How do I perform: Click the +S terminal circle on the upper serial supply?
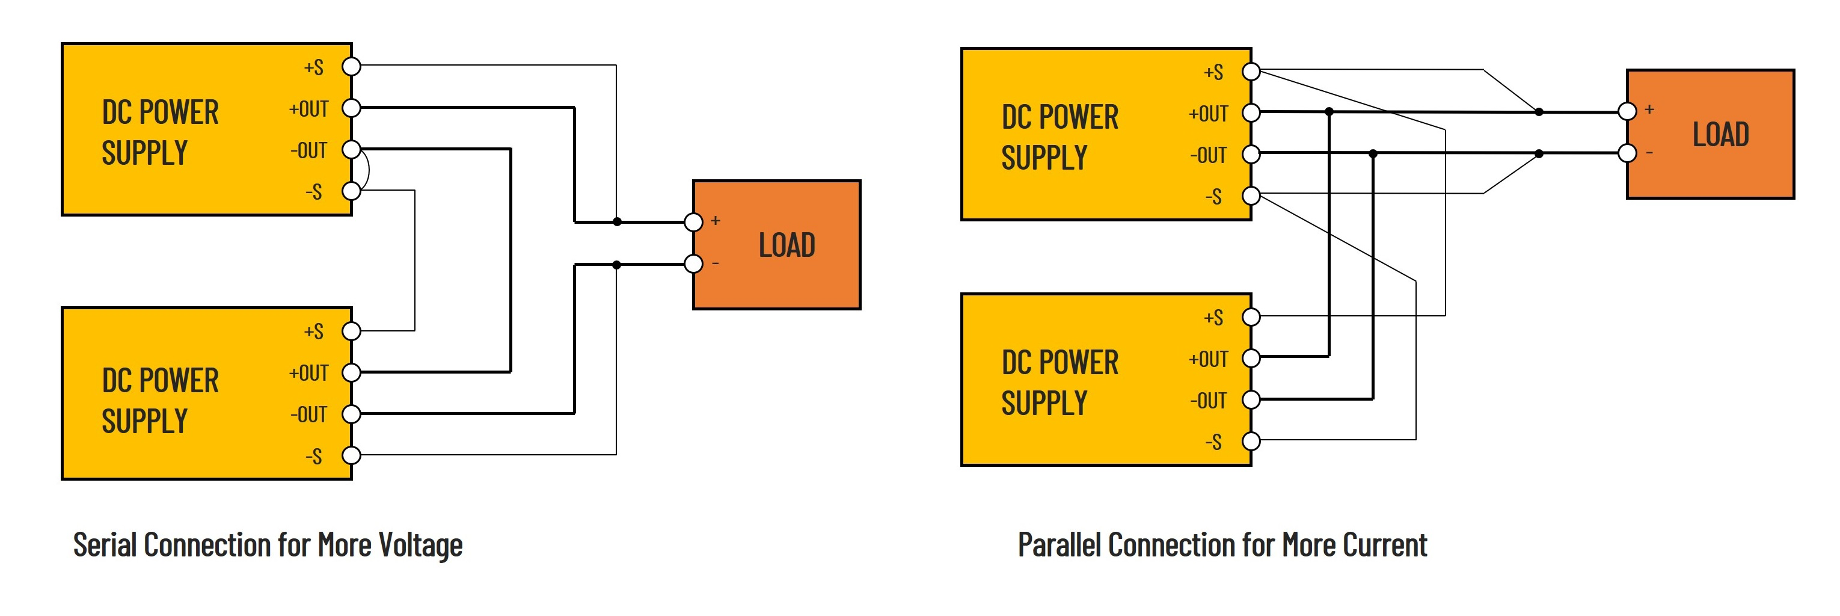(x=351, y=66)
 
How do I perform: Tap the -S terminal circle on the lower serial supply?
(x=351, y=455)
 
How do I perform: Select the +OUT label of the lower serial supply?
(x=308, y=373)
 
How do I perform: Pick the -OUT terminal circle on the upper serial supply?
(x=351, y=149)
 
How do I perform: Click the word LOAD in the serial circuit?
(x=787, y=245)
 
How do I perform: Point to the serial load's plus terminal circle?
(x=693, y=222)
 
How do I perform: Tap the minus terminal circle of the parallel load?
(x=1627, y=153)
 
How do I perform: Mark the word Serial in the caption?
(x=105, y=545)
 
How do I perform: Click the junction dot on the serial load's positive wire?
(x=617, y=222)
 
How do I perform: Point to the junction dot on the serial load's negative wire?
(x=617, y=265)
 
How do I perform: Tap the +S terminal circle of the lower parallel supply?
(x=1251, y=316)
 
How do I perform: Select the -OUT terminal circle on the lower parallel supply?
(x=1251, y=399)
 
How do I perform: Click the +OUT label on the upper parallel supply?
(x=1209, y=114)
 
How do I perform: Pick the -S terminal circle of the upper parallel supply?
(x=1251, y=195)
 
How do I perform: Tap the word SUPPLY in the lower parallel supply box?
(x=1044, y=403)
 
